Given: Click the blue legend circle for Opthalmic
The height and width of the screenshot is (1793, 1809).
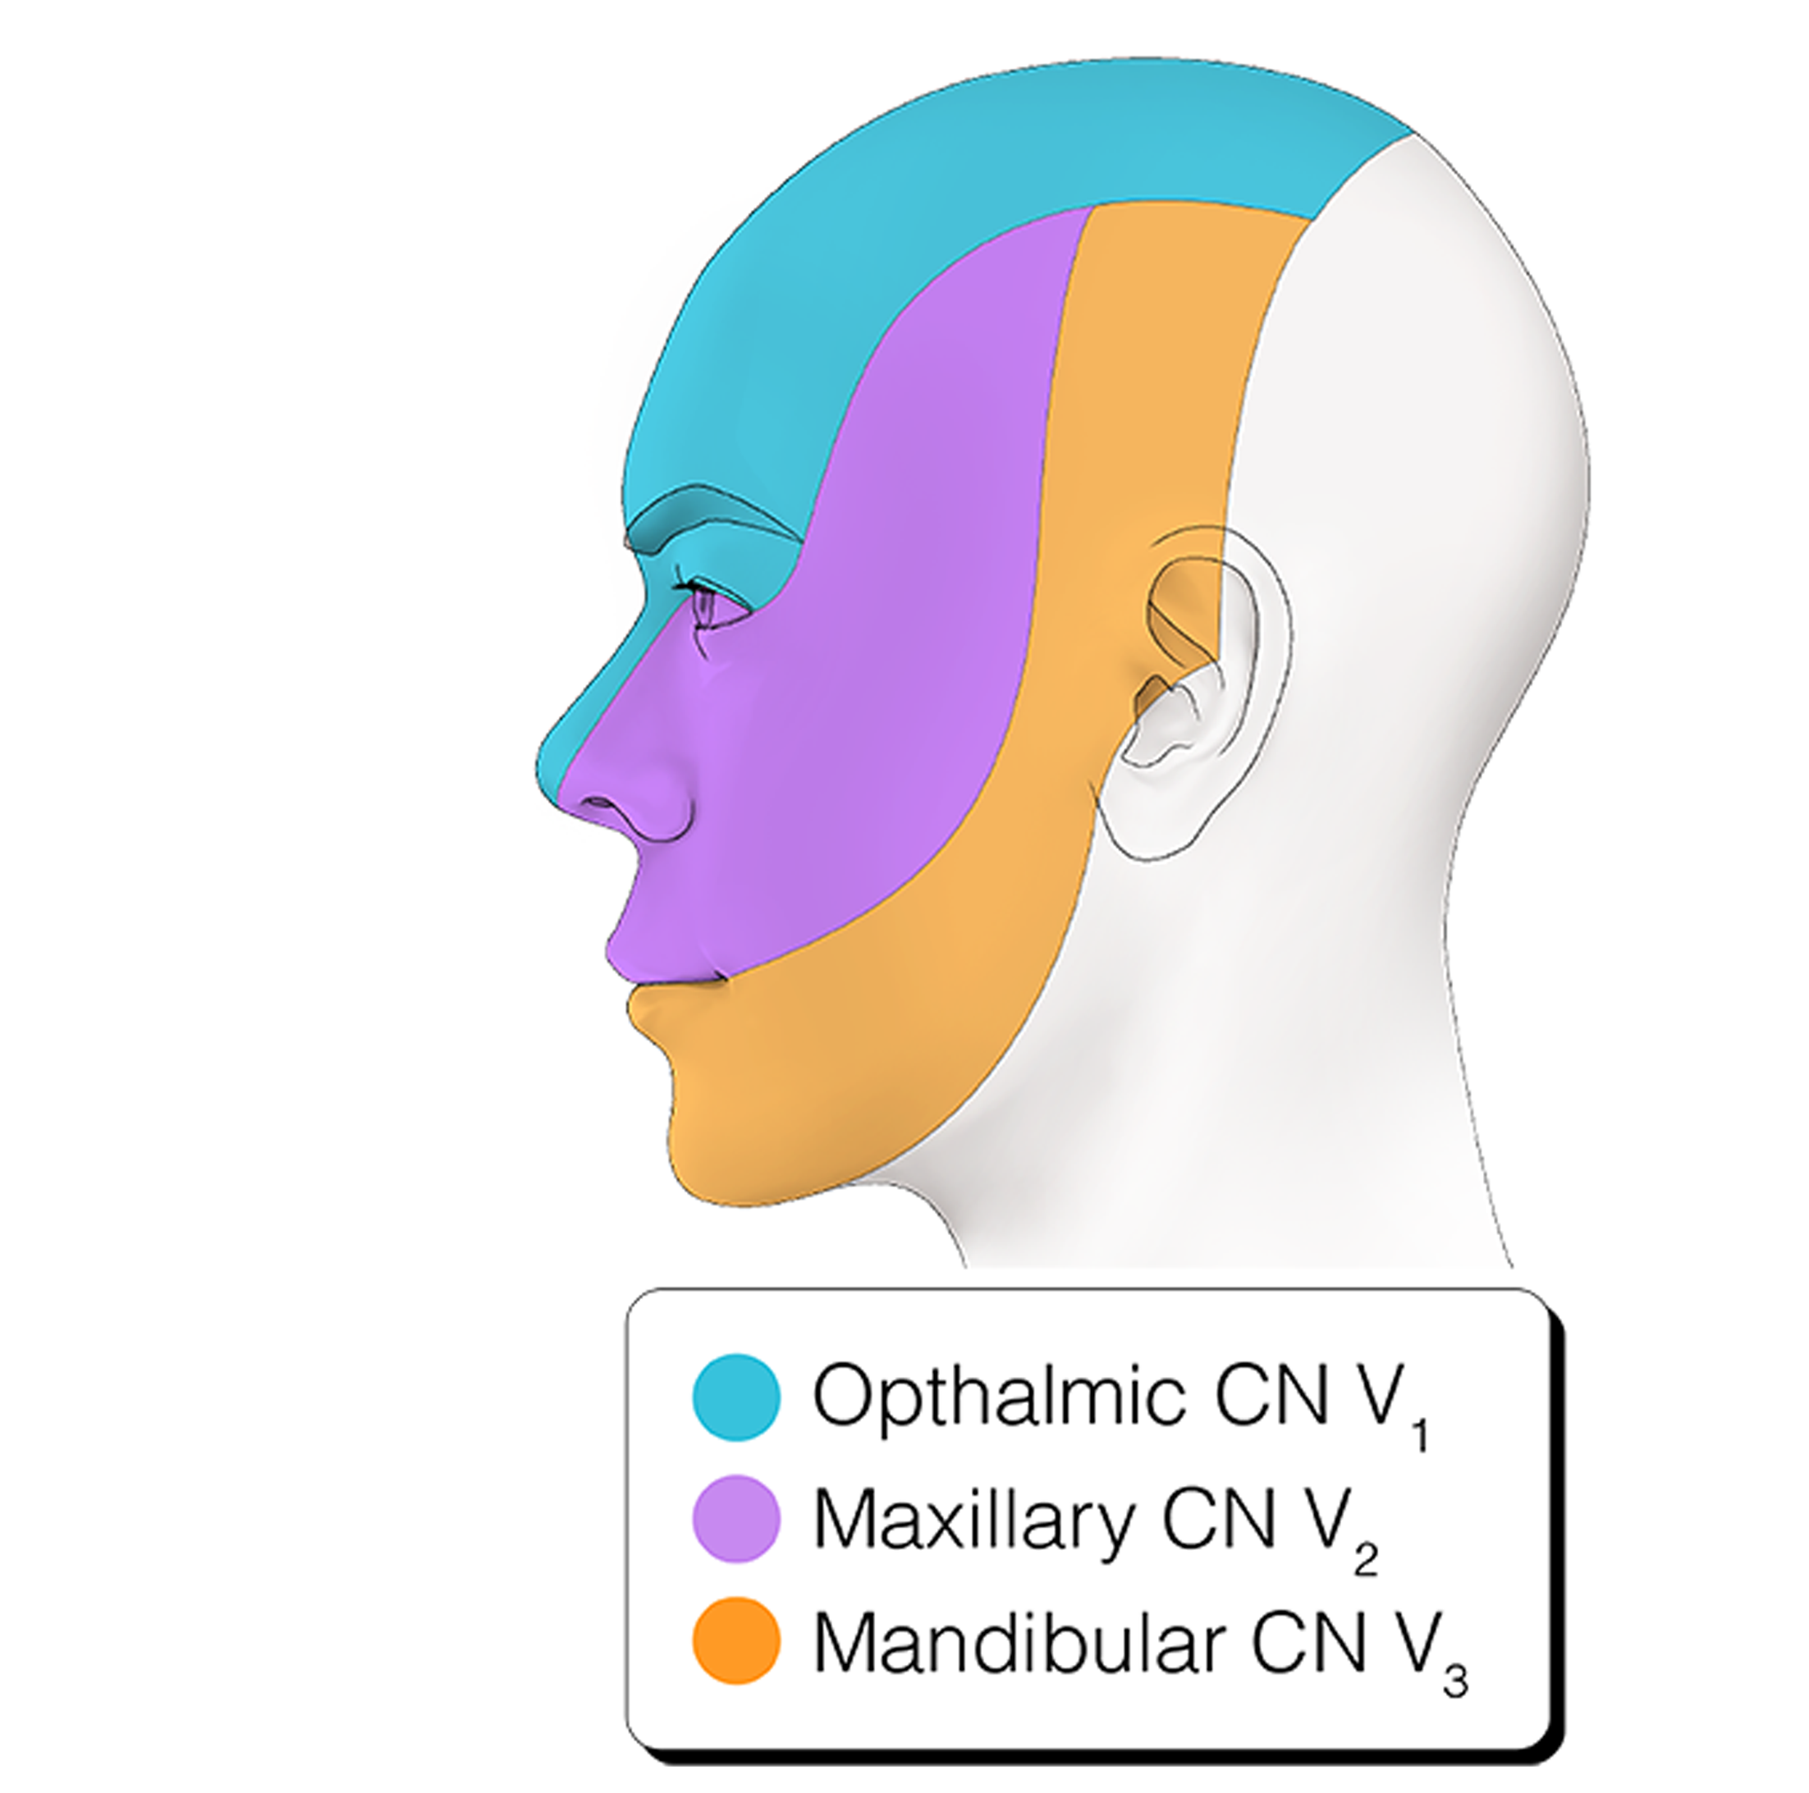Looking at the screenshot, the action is tap(736, 1397).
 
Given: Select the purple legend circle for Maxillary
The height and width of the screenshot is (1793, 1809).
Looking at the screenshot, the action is tap(736, 1520).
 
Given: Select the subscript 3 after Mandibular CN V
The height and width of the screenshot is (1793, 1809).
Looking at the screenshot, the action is tap(1454, 1681).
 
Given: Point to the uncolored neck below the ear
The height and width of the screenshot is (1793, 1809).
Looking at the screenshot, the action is tap(1311, 1077).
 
